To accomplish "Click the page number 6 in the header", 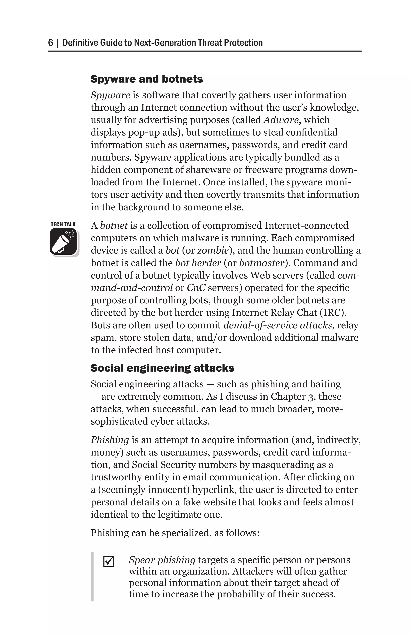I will tap(50, 43).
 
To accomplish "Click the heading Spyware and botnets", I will tap(147, 79).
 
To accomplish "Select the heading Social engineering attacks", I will tap(162, 368).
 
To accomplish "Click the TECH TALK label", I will tap(63, 224).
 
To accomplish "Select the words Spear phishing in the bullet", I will tap(162, 560).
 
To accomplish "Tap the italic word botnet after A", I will tap(114, 226).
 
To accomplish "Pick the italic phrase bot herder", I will tap(198, 263).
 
